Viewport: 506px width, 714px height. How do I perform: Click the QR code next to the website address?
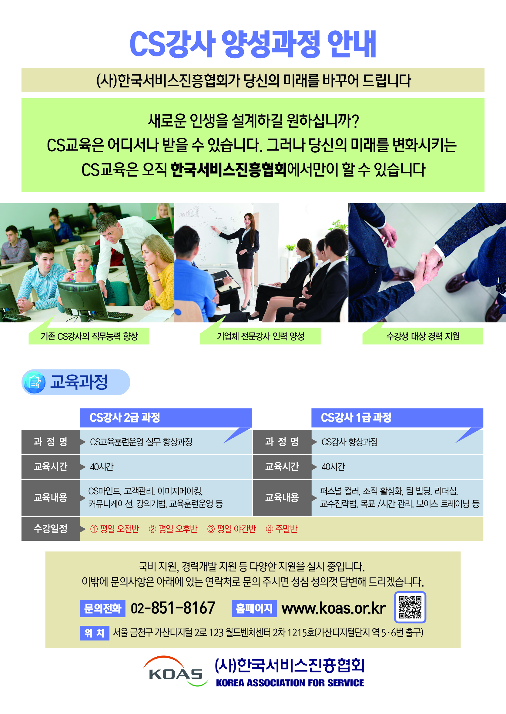point(410,607)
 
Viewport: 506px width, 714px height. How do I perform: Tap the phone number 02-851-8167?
point(173,608)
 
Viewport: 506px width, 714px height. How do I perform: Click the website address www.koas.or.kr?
point(333,608)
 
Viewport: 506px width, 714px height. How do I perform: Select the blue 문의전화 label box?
point(102,608)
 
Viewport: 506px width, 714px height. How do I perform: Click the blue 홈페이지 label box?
point(254,608)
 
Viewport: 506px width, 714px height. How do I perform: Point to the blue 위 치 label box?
point(95,633)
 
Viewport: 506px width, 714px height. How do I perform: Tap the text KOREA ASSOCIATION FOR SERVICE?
point(290,683)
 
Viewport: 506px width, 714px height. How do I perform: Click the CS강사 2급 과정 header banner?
point(166,418)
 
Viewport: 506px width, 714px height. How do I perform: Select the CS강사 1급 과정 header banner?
point(397,418)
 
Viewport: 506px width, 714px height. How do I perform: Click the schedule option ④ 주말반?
point(281,529)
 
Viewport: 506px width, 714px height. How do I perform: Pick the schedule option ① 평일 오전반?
point(114,529)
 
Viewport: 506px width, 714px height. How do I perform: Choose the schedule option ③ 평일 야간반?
point(232,529)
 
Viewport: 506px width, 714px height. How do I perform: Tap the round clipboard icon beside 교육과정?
point(35,382)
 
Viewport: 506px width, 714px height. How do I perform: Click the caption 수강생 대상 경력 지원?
point(423,336)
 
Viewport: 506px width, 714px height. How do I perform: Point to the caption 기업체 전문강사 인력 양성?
point(260,336)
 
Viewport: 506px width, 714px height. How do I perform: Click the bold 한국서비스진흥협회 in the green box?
point(229,170)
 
